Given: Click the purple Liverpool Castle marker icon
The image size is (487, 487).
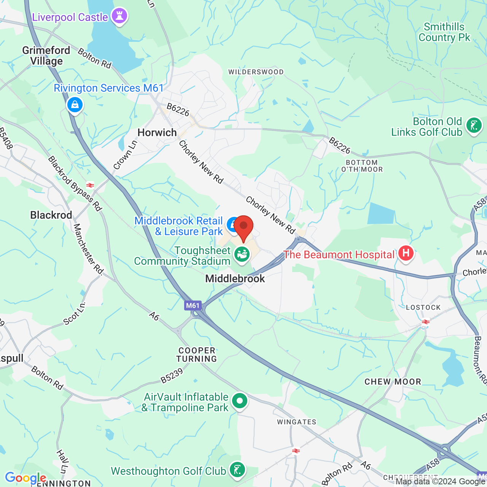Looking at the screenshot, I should [119, 16].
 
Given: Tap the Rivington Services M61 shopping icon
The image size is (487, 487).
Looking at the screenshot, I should [75, 105].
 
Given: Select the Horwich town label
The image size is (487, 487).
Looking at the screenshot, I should [157, 132].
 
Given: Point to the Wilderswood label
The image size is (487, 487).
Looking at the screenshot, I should [256, 72].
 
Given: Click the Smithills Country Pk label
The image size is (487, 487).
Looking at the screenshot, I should [444, 32].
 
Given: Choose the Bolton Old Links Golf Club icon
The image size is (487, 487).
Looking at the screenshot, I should [474, 126].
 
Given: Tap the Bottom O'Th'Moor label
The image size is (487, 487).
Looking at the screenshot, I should [362, 166].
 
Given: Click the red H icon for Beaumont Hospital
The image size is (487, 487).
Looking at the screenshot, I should [406, 253].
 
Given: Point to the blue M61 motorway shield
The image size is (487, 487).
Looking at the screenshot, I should [193, 306].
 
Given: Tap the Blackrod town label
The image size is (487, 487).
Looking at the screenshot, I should [51, 215].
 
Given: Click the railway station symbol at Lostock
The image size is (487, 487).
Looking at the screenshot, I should [426, 322].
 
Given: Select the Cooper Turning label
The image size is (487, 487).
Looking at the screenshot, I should [197, 355].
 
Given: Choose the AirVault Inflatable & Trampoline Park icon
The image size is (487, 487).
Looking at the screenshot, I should [240, 401].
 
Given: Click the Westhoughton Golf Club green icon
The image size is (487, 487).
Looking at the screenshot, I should [238, 470].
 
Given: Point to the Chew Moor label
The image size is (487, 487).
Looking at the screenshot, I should [393, 382].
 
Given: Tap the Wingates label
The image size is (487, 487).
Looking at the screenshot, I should [296, 422].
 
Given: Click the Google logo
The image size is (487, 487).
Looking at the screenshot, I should [25, 478].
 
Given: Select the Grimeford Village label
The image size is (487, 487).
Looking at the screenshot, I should [46, 56].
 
